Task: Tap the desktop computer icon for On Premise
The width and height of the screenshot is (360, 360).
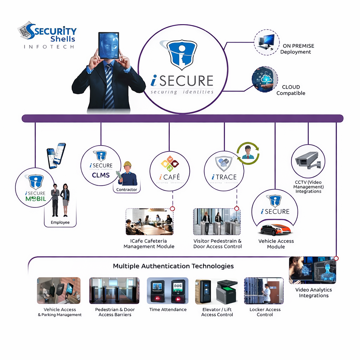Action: click(x=266, y=42)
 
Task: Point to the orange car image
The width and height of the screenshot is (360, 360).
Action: click(x=275, y=229)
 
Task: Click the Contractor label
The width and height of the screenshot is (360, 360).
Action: click(x=127, y=189)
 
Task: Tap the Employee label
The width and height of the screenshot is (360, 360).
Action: click(x=60, y=222)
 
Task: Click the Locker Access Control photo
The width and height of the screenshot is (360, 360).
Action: click(x=264, y=291)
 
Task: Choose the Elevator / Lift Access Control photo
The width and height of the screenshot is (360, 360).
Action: click(x=216, y=291)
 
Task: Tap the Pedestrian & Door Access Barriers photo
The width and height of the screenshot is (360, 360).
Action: click(x=114, y=291)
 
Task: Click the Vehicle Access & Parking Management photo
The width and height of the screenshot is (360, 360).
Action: click(x=59, y=291)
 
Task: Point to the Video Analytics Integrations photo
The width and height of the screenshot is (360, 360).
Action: click(x=313, y=270)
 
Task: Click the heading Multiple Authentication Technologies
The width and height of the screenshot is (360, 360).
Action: click(x=173, y=266)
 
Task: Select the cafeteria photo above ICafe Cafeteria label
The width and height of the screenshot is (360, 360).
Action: click(x=149, y=222)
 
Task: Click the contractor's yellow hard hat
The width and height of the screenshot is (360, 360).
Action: click(x=127, y=164)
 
